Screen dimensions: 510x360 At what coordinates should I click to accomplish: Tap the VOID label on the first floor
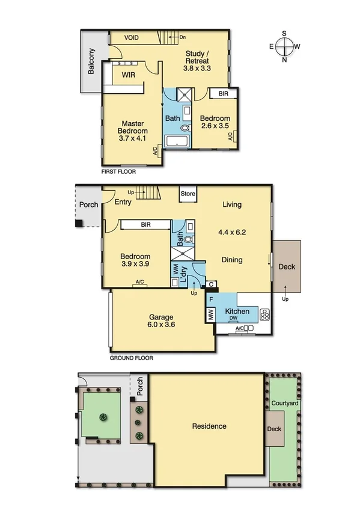coord(132,38)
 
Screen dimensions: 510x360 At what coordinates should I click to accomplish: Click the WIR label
coord(128,75)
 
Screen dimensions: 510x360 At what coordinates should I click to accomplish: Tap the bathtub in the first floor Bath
coord(176,143)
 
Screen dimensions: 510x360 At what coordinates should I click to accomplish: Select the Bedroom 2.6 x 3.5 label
coord(215,122)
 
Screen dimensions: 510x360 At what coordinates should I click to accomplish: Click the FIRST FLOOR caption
coord(119,172)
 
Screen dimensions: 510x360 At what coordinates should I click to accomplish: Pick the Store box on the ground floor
coord(189,194)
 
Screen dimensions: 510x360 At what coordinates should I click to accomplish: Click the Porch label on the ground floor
coord(89,204)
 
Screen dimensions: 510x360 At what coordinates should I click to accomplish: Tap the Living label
coord(232,204)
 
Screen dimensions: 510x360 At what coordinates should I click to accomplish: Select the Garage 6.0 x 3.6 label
coord(161,321)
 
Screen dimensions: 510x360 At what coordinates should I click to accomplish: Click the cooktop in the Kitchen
coord(265,313)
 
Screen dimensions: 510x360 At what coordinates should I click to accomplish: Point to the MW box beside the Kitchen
coord(211,313)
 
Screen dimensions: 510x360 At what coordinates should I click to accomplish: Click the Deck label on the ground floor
coord(286,266)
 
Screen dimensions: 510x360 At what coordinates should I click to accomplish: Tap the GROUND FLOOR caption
coord(131,358)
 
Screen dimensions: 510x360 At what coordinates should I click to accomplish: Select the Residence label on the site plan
coord(209,426)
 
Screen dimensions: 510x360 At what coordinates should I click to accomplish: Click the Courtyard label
coord(284,402)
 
